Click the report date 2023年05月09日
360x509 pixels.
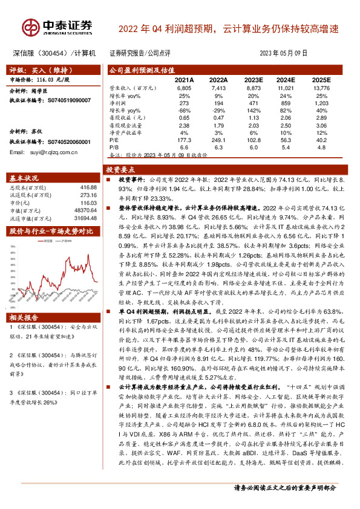287,53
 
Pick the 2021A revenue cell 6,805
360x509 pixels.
184,88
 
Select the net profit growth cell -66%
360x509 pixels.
184,110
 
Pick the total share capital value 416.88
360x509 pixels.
88,188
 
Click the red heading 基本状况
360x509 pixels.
25,178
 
